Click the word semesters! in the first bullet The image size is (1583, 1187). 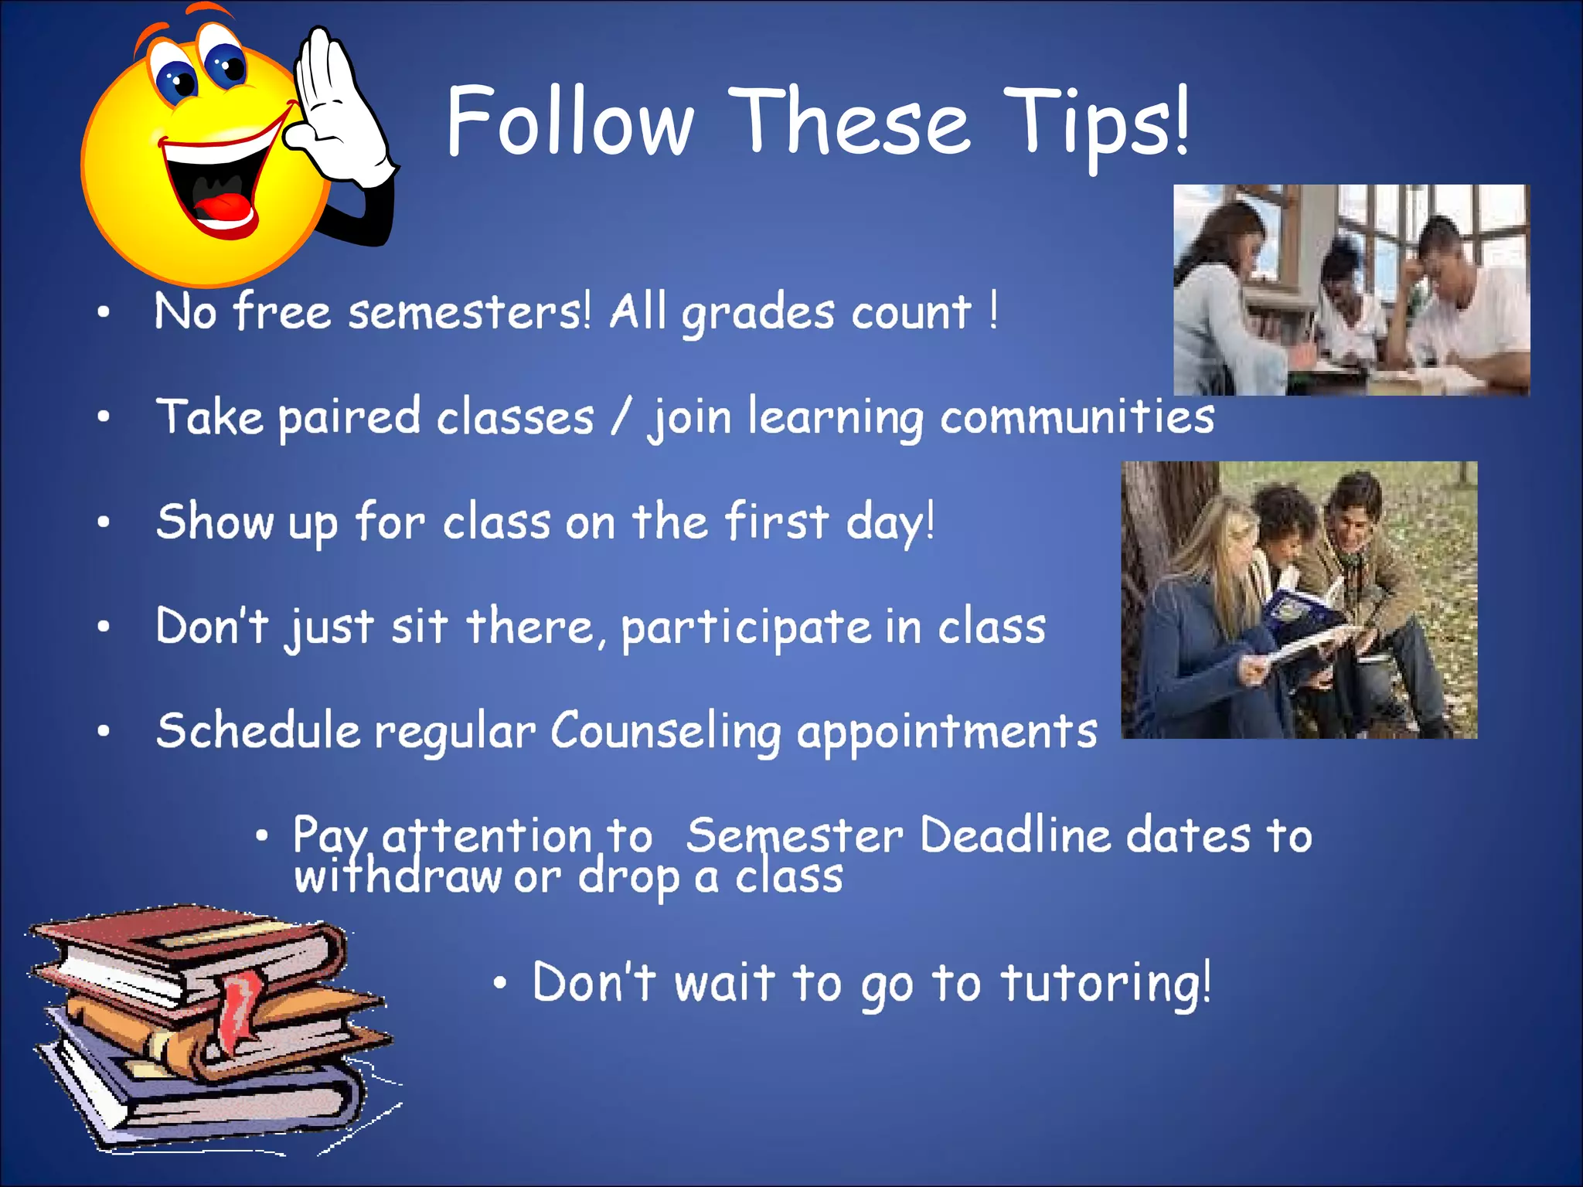(469, 313)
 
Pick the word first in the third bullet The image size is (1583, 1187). (776, 522)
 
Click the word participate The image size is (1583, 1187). (746, 628)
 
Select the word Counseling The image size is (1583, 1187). (666, 732)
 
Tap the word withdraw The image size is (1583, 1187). (397, 877)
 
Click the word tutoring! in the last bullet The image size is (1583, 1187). (1105, 984)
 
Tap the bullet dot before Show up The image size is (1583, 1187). (104, 522)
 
